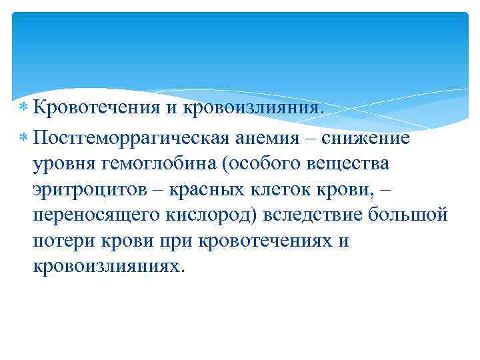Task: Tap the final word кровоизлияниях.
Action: click(x=105, y=266)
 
